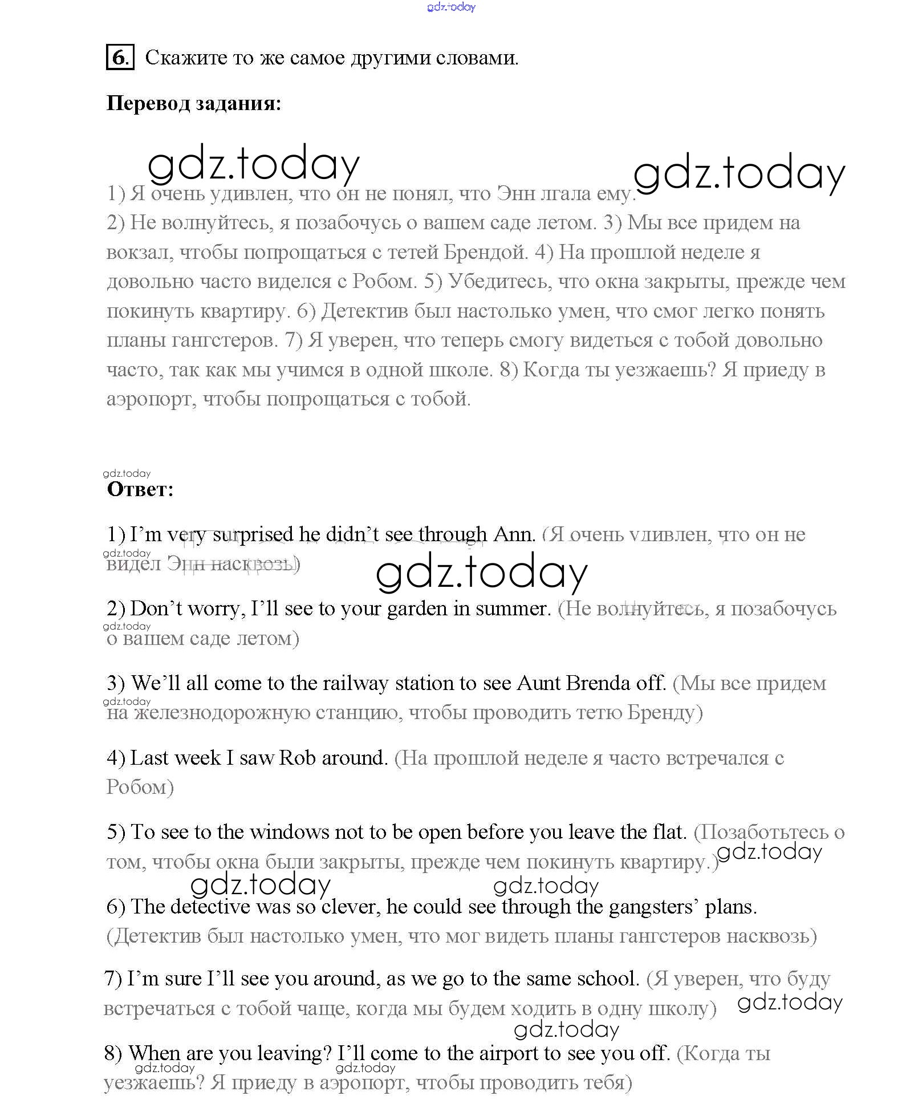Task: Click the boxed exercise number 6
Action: pos(120,58)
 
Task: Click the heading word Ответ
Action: pos(140,489)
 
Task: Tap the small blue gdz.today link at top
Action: pos(450,7)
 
